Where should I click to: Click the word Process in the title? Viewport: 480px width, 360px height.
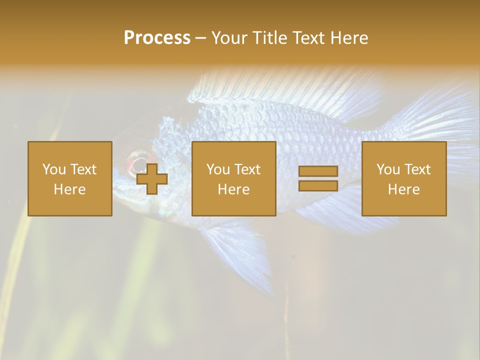(157, 38)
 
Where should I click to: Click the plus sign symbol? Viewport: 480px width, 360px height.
(152, 179)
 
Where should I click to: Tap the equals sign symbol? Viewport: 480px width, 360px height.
(318, 178)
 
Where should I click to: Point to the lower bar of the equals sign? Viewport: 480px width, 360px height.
(318, 185)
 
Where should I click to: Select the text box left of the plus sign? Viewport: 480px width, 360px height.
(70, 178)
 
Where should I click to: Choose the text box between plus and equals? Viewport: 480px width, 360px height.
(233, 178)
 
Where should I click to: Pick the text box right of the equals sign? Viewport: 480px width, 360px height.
(404, 178)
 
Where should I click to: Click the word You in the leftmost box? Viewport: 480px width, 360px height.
(54, 169)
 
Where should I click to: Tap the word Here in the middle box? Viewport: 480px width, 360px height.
(233, 189)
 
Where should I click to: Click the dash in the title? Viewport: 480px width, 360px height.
(200, 38)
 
